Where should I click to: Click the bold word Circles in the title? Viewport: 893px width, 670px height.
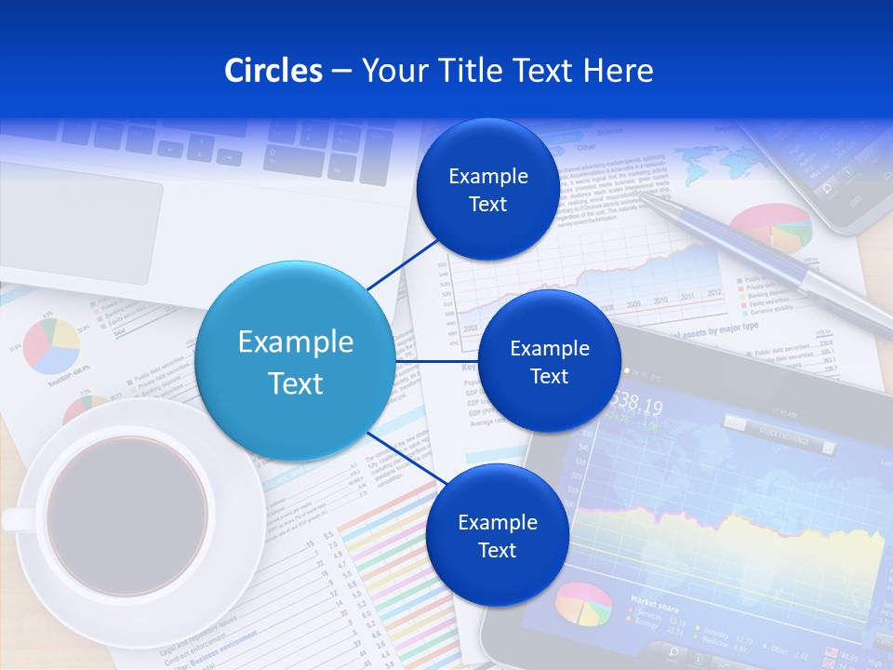[273, 71]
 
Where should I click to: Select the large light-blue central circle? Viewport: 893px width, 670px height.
[295, 361]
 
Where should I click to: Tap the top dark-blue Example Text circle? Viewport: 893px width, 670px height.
[487, 190]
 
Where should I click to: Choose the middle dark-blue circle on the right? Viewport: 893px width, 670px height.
[549, 361]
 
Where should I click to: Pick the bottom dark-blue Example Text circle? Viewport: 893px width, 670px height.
[497, 535]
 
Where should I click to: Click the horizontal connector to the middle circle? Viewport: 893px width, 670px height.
[436, 361]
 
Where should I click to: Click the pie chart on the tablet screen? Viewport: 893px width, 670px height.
[584, 604]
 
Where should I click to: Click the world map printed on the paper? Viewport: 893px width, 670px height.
[712, 167]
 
